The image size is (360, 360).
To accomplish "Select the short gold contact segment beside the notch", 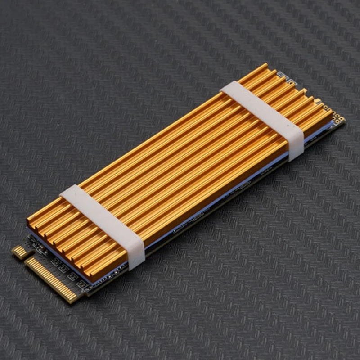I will tap(19, 252).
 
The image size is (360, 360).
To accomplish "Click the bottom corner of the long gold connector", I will tap(72, 299).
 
